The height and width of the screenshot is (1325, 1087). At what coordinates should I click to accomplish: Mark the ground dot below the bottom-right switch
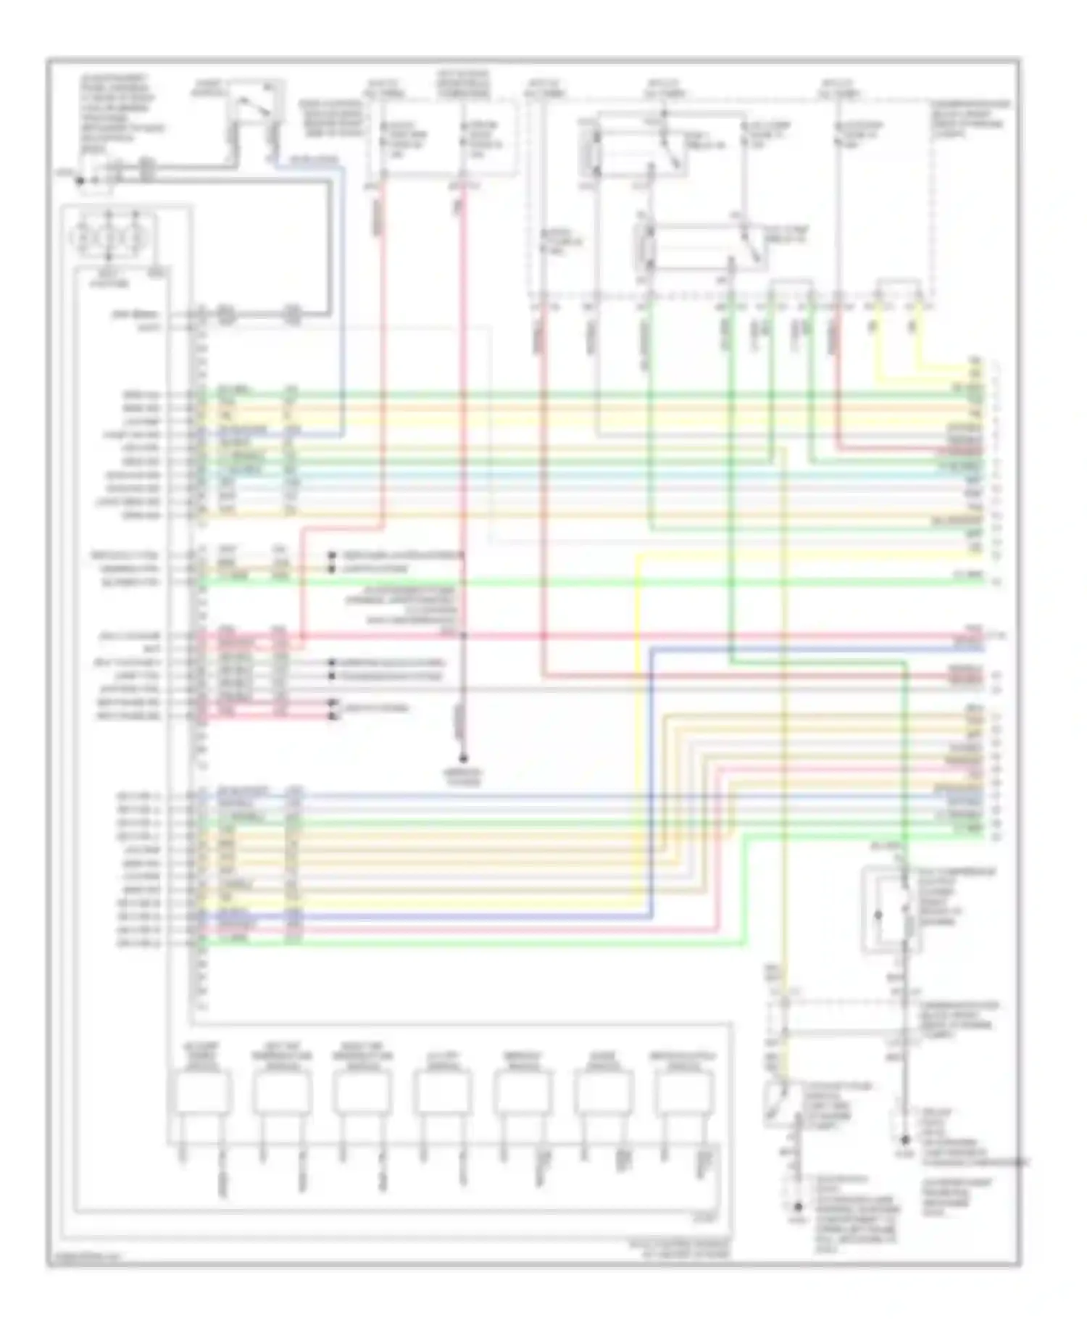(798, 1207)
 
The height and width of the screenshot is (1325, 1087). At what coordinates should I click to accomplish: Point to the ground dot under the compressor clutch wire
(904, 1139)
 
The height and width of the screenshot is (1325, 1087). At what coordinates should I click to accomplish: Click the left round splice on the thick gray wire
(226, 315)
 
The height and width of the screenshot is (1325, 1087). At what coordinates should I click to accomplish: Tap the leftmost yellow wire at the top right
(879, 341)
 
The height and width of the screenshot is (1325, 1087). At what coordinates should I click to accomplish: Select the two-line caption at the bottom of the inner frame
(680, 1247)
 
